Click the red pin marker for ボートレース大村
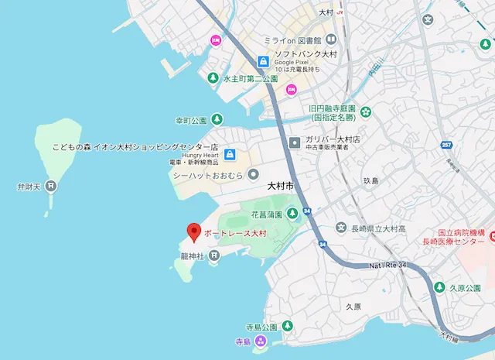[x=193, y=231]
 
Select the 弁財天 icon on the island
[x=50, y=186]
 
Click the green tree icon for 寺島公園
[x=288, y=325]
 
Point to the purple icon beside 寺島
[x=261, y=341]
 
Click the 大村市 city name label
[x=281, y=187]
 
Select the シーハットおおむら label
[x=207, y=175]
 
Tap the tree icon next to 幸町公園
[x=218, y=120]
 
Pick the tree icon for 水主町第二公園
[x=213, y=77]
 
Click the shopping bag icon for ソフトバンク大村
[x=263, y=61]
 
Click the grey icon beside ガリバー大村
[x=295, y=142]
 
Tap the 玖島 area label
[x=370, y=180]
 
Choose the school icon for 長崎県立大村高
[x=341, y=228]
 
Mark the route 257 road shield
[x=445, y=146]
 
